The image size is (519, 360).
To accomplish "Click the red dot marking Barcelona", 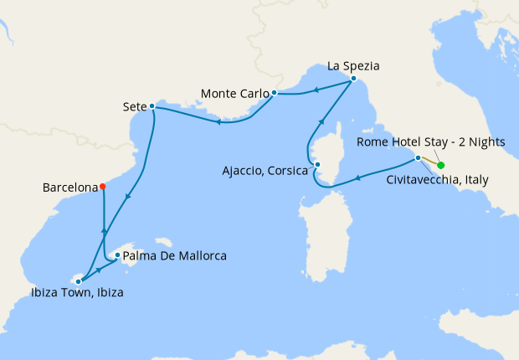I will pyautogui.click(x=102, y=187).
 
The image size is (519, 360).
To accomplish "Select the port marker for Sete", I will pyautogui.click(x=152, y=106).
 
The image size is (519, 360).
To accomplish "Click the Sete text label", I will pyautogui.click(x=134, y=106).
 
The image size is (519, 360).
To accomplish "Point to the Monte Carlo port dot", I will pyautogui.click(x=274, y=92).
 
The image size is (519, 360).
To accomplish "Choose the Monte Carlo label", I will pyautogui.click(x=234, y=92).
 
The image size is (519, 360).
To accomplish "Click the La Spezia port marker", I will pyautogui.click(x=353, y=79).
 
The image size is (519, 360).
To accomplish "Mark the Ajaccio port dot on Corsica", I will pyautogui.click(x=316, y=165).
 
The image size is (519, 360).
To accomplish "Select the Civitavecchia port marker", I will pyautogui.click(x=418, y=157).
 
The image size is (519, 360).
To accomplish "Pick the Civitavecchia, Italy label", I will pyautogui.click(x=438, y=179).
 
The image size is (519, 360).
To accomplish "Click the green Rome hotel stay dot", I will pyautogui.click(x=440, y=165).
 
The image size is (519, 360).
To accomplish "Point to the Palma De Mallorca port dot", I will pyautogui.click(x=118, y=255).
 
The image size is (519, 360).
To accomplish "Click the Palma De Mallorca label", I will pyautogui.click(x=175, y=255).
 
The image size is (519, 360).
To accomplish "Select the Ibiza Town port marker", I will pyautogui.click(x=78, y=281).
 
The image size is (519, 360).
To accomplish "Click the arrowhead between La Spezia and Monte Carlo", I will pyautogui.click(x=316, y=90).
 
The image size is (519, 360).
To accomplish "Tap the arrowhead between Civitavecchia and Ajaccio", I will pyautogui.click(x=357, y=177).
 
